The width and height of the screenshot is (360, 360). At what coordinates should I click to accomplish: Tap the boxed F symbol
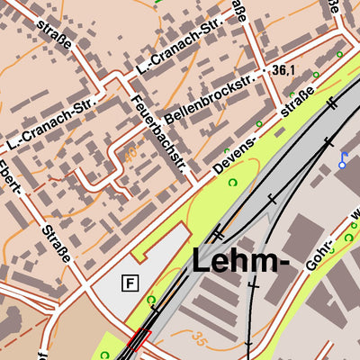[130, 283]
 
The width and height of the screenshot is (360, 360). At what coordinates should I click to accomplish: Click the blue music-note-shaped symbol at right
[343, 159]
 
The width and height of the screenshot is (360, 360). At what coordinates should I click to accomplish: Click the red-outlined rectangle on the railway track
[137, 341]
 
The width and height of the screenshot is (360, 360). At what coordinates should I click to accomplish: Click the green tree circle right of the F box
[151, 301]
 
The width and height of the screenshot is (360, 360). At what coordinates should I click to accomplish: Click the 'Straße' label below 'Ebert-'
[55, 245]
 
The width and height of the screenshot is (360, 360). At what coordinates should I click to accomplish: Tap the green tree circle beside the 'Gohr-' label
[348, 238]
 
